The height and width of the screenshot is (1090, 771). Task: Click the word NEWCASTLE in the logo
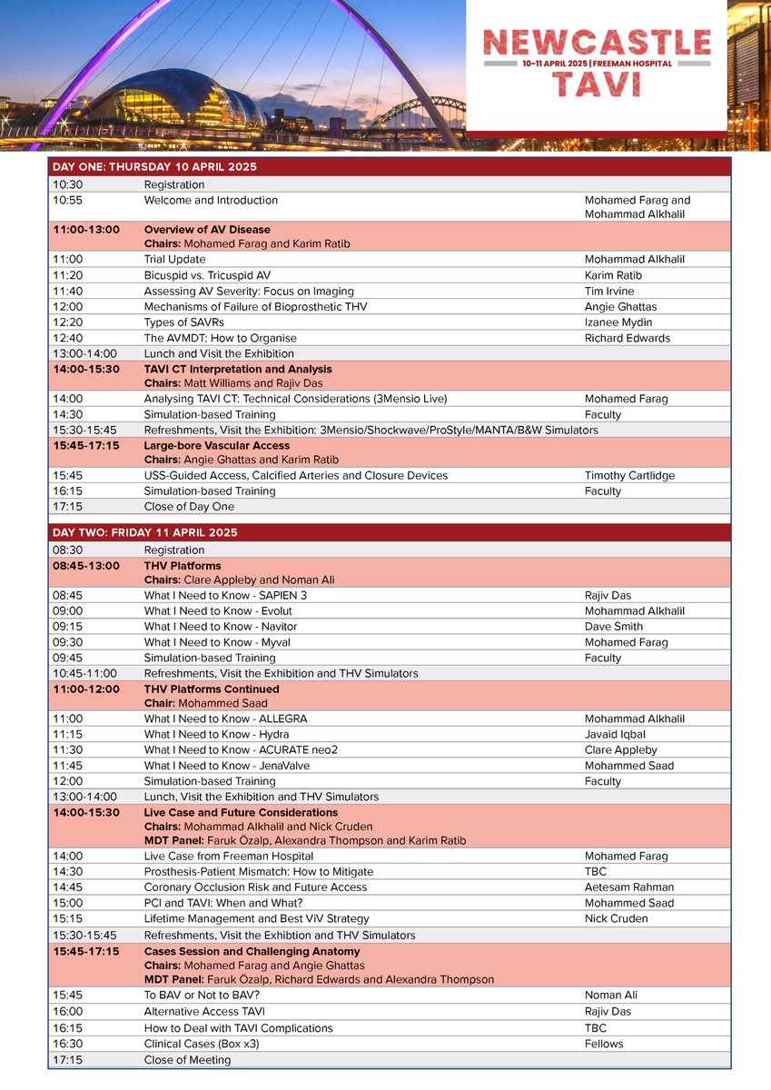(x=597, y=42)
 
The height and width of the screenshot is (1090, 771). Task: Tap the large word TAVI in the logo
(x=596, y=84)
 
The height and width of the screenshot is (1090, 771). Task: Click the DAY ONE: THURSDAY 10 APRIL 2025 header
(x=154, y=167)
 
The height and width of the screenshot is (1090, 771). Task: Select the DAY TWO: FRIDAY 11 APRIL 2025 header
(x=145, y=532)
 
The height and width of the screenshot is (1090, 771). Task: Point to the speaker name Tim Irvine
(x=616, y=291)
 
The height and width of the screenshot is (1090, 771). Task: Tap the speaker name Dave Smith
(x=614, y=627)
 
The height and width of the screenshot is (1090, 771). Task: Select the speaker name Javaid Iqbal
(x=617, y=735)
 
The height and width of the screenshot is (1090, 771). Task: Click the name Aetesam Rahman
(x=629, y=887)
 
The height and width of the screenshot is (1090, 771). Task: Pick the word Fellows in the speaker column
(x=604, y=1044)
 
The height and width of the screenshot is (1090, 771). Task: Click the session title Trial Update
(x=174, y=260)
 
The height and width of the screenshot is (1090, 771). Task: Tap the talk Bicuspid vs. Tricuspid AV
(x=207, y=275)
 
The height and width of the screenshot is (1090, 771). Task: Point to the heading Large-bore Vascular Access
(x=217, y=446)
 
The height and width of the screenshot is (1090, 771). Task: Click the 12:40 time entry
(x=67, y=338)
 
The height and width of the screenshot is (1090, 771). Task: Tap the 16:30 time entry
(x=67, y=1044)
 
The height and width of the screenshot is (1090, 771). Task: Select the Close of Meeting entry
(x=187, y=1060)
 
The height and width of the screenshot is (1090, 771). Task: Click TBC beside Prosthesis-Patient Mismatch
(x=597, y=872)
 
